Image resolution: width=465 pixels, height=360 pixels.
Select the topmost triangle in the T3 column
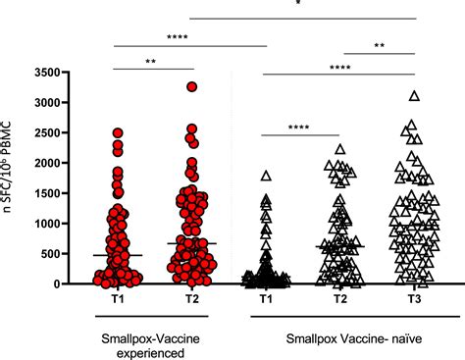(414, 96)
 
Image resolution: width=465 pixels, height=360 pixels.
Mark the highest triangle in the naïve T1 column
(265, 177)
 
